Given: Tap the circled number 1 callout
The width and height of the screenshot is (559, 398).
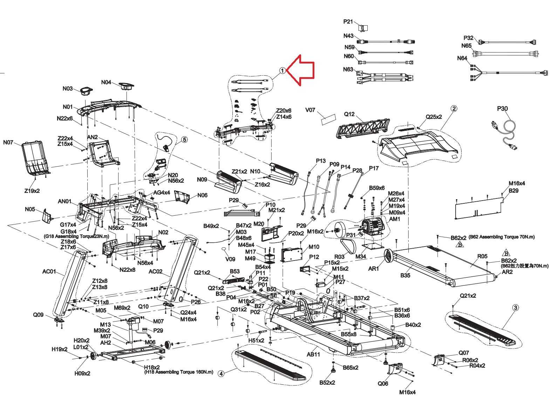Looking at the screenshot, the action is tap(282, 71).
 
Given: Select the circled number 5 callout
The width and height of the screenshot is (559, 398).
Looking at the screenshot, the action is tap(184, 140).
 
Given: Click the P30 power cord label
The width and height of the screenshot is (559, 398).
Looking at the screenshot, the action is tap(502, 109).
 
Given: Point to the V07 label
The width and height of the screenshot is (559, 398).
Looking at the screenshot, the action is tap(310, 110).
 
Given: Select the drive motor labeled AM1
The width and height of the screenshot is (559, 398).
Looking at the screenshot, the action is tap(372, 227).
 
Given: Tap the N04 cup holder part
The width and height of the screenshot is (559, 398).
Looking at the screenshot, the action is tap(126, 86).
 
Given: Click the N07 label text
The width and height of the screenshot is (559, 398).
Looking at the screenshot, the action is tap(8, 142).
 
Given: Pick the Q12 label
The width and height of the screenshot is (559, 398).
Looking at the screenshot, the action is tap(349, 114).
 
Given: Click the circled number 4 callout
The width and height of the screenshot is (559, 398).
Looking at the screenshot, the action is tap(221, 373).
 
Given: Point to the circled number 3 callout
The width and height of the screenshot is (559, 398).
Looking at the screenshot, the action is tap(516, 308).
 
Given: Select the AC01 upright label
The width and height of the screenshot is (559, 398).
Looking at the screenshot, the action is tap(49, 271).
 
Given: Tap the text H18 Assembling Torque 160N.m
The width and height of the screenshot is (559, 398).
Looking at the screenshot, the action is tap(179, 372).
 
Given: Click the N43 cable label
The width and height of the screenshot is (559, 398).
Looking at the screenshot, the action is tap(348, 36).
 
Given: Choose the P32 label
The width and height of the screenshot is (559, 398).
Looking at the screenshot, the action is tap(469, 38).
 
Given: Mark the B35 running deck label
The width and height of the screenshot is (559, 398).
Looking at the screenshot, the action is tap(405, 275).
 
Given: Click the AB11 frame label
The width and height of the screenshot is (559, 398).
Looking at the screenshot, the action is tap(313, 354).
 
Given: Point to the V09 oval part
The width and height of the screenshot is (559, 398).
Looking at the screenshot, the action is tap(224, 249).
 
